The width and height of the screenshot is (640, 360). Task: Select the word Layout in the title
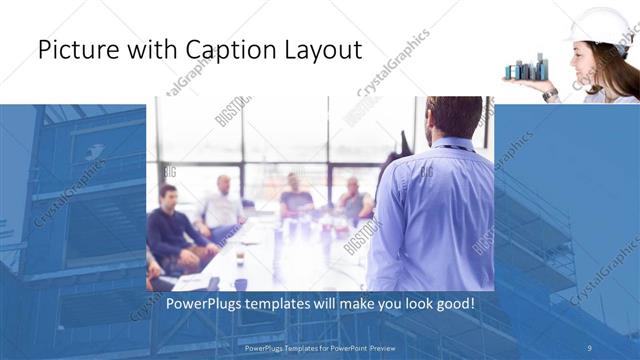pos(325,50)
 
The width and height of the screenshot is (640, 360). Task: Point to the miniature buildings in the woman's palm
pos(527,69)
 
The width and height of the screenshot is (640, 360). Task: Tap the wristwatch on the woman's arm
pos(551,93)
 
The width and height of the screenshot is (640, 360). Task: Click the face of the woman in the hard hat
pos(588,61)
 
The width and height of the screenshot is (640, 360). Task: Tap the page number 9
pos(589,348)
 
